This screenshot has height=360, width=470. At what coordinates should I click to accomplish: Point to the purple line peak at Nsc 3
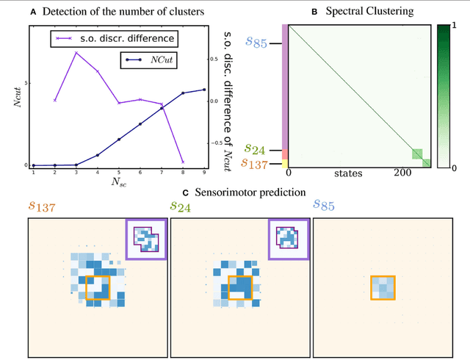click(76, 53)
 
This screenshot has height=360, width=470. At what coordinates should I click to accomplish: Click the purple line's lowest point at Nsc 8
click(183, 162)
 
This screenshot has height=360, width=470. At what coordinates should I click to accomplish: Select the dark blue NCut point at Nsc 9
click(204, 90)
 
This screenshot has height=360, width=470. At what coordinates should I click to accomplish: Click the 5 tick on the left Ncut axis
click(26, 82)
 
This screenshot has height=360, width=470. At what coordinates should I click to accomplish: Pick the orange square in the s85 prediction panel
click(382, 288)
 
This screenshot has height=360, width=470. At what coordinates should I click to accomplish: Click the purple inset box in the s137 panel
click(145, 239)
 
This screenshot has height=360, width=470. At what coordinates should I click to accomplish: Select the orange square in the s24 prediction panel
click(239, 287)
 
